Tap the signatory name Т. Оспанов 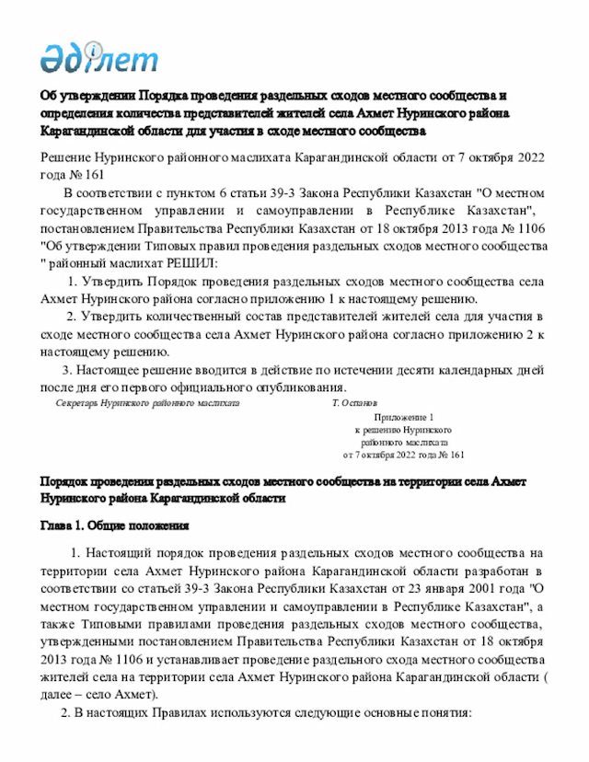tap(353, 403)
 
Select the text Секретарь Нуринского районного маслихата tap(147, 403)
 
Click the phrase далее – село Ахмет tap(99, 693)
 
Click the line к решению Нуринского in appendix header tap(403, 430)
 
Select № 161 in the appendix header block tap(447, 455)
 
